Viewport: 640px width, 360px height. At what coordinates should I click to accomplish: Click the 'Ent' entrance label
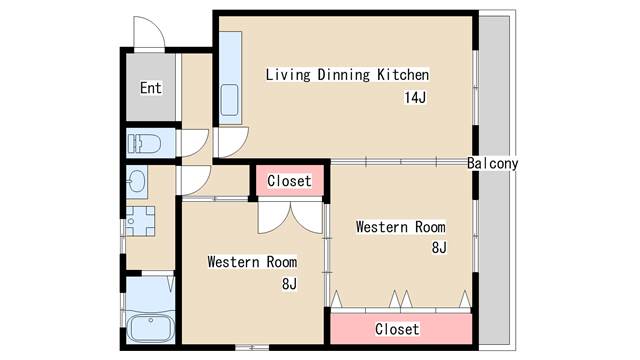tap(151, 88)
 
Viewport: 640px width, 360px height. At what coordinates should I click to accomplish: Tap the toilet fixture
tap(144, 143)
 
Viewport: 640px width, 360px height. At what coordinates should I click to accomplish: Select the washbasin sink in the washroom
tap(136, 181)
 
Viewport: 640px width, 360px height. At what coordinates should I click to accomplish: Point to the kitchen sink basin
tap(229, 100)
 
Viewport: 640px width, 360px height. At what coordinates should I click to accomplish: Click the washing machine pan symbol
tap(140, 221)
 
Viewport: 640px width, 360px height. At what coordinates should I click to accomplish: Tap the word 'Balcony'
tap(493, 164)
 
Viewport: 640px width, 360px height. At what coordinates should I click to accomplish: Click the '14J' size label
tap(415, 98)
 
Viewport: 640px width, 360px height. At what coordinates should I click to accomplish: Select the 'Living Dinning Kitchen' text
tap(347, 75)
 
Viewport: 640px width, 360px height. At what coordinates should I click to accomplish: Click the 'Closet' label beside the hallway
tap(289, 181)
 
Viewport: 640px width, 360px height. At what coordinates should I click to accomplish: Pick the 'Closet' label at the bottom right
tap(397, 329)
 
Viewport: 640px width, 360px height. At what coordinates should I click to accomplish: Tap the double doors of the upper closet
tap(290, 218)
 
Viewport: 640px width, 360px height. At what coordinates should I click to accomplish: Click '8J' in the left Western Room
tap(289, 283)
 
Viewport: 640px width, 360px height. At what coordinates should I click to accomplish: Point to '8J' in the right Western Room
tap(439, 247)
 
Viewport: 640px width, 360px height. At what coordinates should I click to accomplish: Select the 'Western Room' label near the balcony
tap(400, 227)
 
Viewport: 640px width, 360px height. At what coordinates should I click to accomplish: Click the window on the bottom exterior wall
tap(252, 348)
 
